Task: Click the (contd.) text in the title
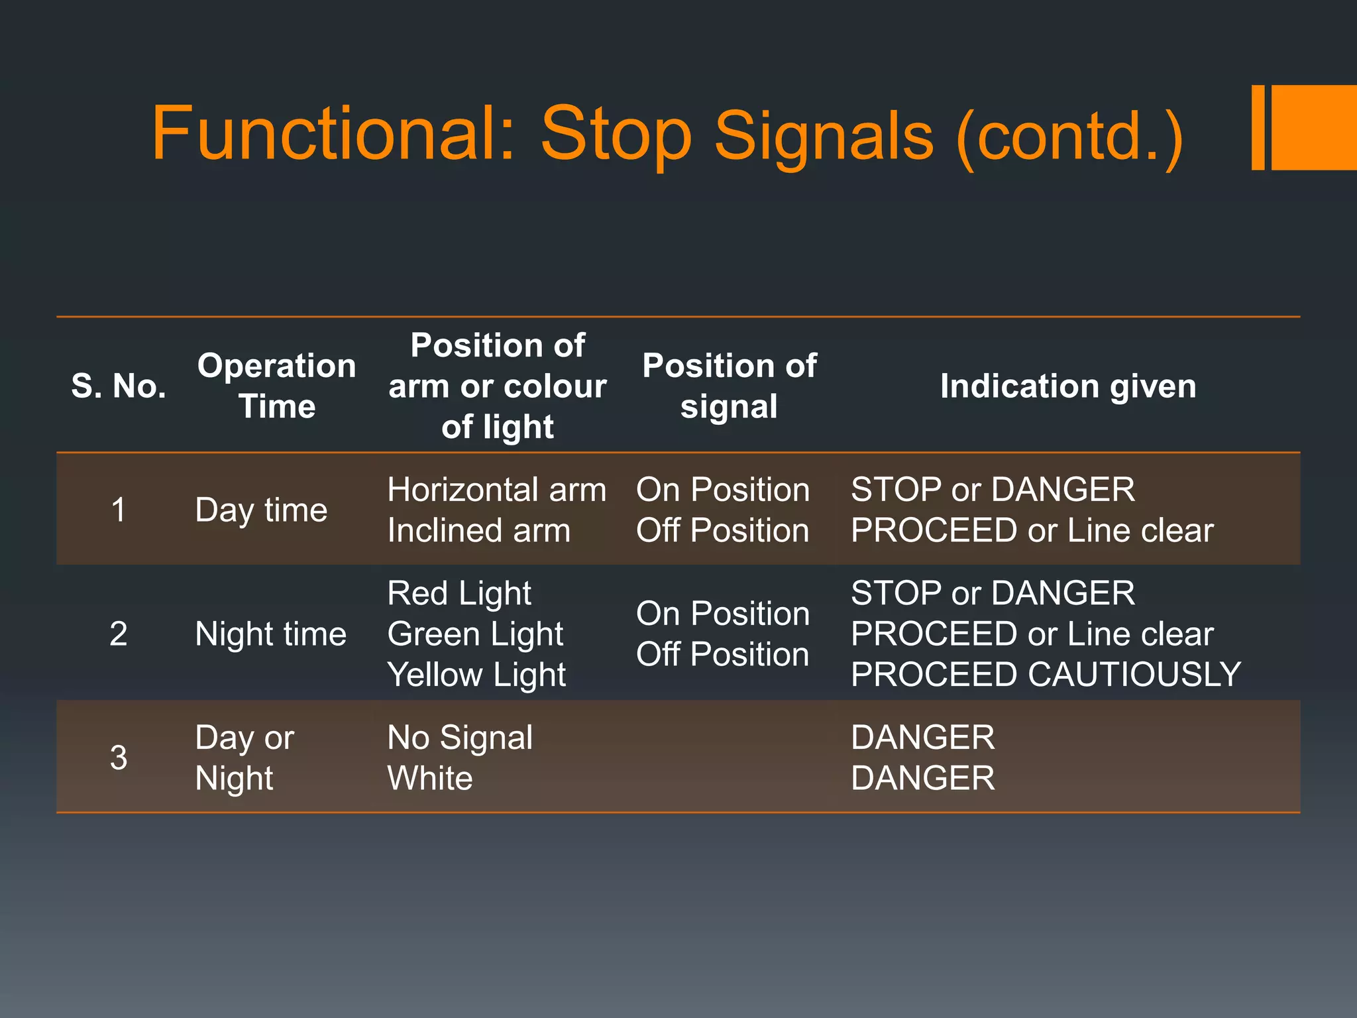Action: (1068, 136)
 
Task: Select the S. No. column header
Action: (119, 386)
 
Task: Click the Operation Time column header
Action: (276, 386)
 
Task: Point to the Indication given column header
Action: (1067, 386)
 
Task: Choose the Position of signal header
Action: (729, 386)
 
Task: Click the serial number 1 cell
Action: (119, 510)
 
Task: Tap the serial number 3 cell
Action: (119, 757)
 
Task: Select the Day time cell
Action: (261, 510)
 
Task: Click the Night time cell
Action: (270, 634)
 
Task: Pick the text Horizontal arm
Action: (496, 490)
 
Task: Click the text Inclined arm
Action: (478, 530)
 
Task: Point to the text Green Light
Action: (475, 634)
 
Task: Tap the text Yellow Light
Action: (476, 674)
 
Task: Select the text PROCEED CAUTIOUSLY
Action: (1046, 674)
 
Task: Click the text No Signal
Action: (460, 737)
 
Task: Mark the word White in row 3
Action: (430, 777)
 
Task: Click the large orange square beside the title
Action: (1314, 127)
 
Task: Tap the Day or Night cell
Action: (244, 757)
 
